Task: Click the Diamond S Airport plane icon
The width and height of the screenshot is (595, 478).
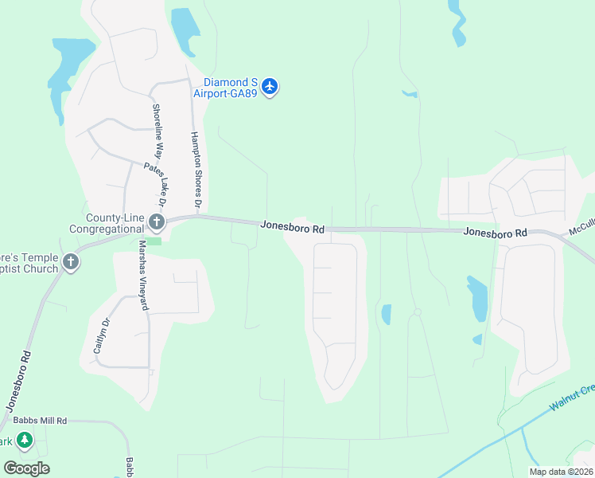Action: (x=270, y=86)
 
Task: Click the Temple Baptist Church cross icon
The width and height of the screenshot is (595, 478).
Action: (x=71, y=262)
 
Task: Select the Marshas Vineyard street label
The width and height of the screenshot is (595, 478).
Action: (x=144, y=275)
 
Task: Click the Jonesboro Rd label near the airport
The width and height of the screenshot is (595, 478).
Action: (x=293, y=228)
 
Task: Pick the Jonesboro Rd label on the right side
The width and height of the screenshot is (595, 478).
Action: (x=496, y=233)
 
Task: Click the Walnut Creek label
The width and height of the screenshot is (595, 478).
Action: (x=573, y=398)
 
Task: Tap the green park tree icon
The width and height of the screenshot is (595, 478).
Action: (x=25, y=440)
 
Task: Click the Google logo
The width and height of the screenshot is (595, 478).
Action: (x=26, y=468)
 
